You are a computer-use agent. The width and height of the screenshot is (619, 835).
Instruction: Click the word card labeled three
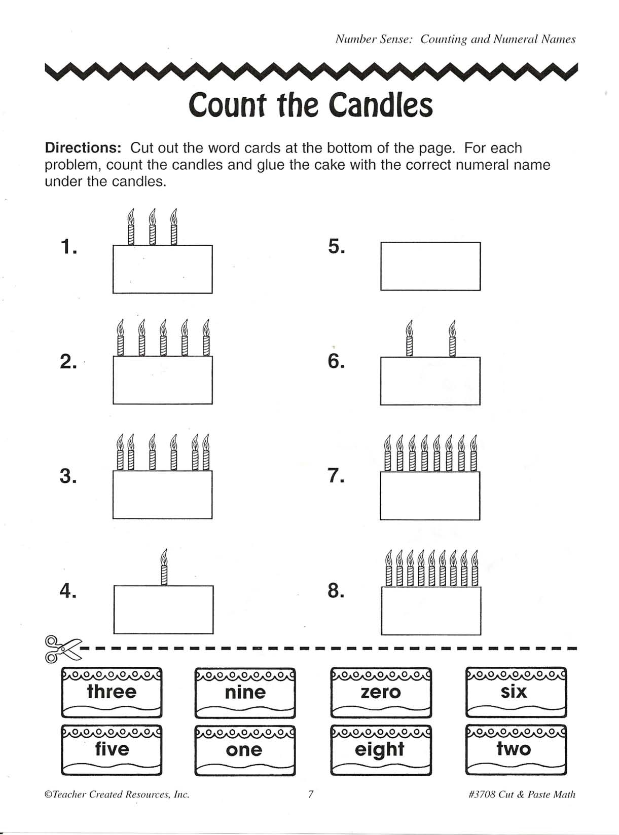(112, 692)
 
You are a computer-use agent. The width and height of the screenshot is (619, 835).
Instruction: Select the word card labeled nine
(245, 693)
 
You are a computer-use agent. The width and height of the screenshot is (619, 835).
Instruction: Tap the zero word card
(381, 693)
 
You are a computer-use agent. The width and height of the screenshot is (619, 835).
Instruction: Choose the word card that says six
(516, 692)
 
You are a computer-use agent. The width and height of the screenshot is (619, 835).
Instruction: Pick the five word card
(112, 750)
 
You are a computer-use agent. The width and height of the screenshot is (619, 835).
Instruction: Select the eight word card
(381, 750)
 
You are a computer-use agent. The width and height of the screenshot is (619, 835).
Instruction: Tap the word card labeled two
(516, 750)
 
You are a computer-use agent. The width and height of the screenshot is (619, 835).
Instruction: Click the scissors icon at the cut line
(62, 649)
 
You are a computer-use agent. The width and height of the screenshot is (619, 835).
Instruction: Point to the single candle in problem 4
(164, 567)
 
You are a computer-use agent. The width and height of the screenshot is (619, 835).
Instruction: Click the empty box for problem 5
(430, 267)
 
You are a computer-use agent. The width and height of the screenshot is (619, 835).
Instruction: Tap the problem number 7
(336, 476)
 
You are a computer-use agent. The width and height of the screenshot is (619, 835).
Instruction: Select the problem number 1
(68, 247)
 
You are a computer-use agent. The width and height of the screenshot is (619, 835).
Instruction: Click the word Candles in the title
(380, 105)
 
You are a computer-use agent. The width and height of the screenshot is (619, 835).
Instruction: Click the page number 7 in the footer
(311, 794)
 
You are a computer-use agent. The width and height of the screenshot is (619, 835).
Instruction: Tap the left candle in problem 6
(409, 339)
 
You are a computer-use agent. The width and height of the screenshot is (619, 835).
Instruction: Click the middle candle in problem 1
(152, 227)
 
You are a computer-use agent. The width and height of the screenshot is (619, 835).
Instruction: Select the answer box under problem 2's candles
(163, 380)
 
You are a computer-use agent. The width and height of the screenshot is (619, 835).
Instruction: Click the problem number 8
(336, 591)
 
